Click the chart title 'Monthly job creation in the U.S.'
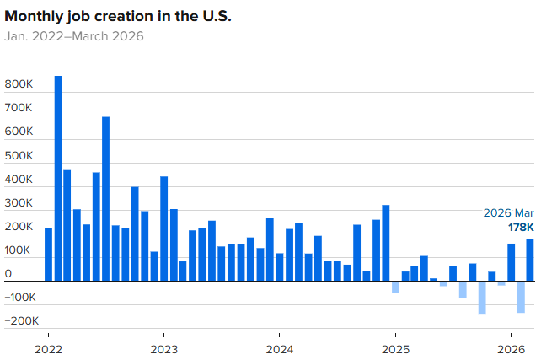coord(117,17)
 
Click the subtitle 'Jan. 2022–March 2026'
coord(74,36)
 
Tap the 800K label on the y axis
coord(19,85)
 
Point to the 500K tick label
coord(19,156)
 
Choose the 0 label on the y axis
coord(8,274)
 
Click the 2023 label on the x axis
coord(163,349)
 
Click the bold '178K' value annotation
coord(520,228)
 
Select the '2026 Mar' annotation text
coord(508,213)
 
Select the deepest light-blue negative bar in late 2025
coord(482,298)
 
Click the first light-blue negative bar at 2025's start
coord(395,287)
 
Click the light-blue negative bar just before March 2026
coord(521,297)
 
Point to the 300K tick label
coord(19,203)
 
